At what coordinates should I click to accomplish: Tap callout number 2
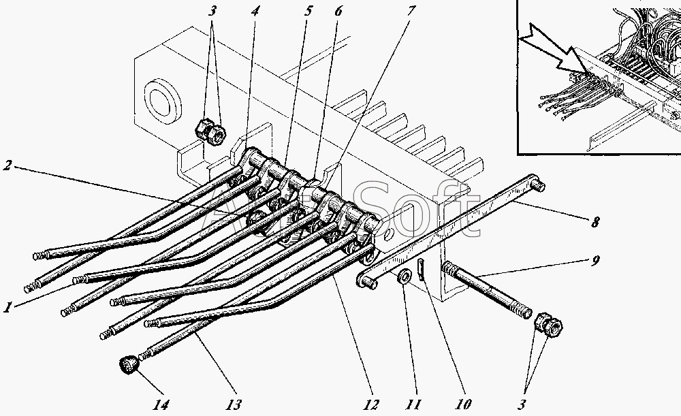point(8,165)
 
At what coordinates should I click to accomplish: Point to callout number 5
point(308,11)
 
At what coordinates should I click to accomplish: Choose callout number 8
point(597,221)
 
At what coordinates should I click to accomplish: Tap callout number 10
point(464,404)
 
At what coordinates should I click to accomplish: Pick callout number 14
point(161,404)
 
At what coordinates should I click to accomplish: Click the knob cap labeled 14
point(128,366)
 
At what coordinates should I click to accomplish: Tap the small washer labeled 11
point(403,276)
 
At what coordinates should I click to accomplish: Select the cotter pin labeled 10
point(422,269)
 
